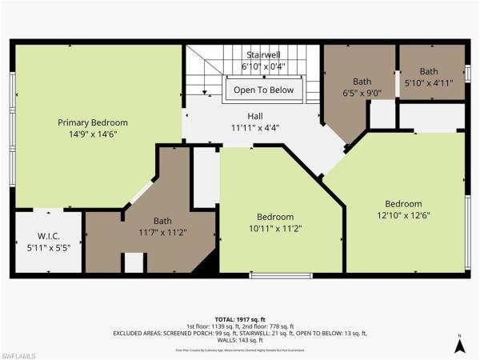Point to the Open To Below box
[x=265, y=90]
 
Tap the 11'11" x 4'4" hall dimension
[x=254, y=127]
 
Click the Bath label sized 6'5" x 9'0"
[x=363, y=80]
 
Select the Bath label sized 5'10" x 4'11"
[x=429, y=71]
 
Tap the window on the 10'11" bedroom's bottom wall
[x=280, y=276]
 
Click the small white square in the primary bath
[x=134, y=263]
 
